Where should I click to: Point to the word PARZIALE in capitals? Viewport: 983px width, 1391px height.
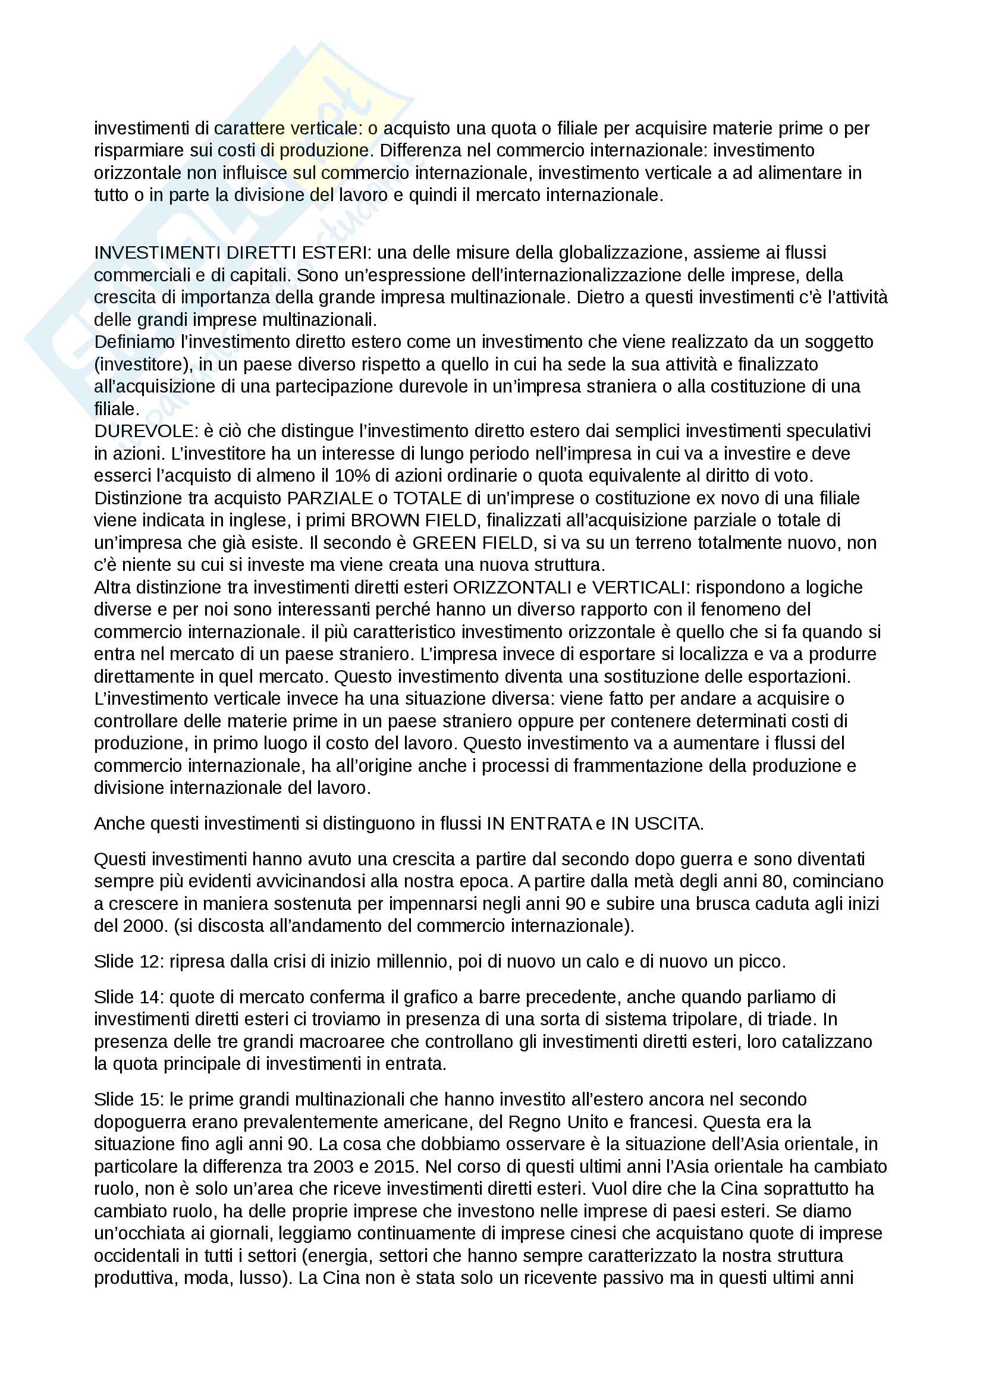coord(330,498)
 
